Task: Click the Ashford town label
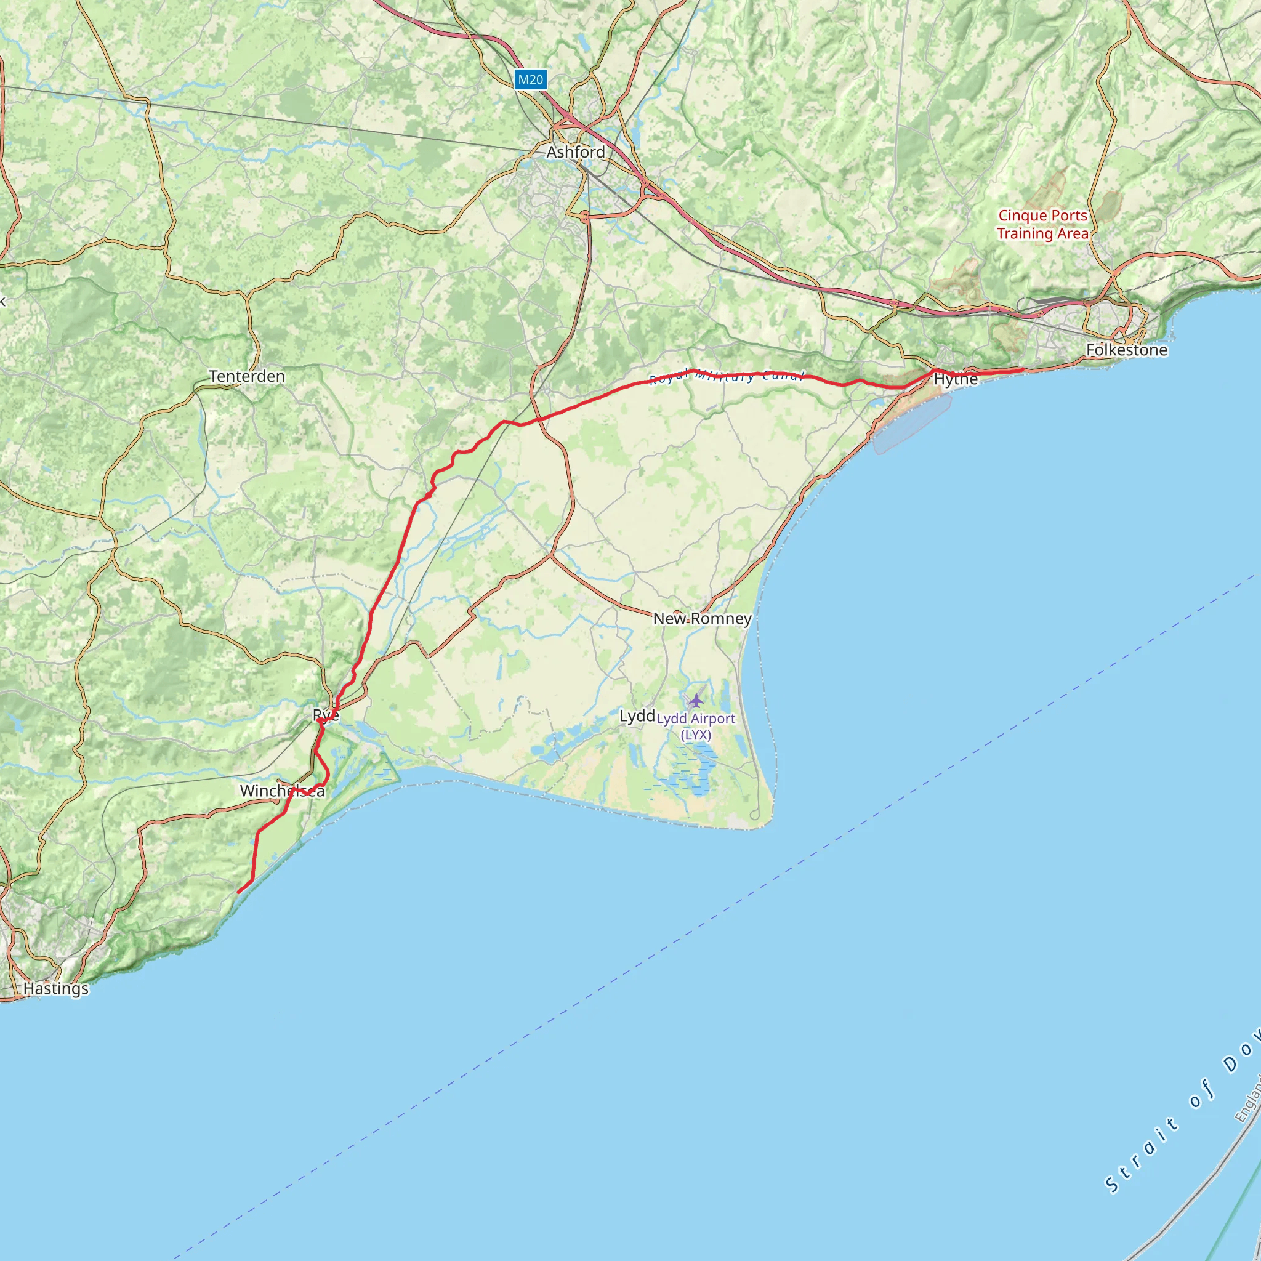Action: point(576,152)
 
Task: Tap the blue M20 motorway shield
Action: point(530,79)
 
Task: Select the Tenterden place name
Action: point(247,377)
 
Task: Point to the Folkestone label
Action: point(1127,350)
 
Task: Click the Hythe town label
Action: point(956,379)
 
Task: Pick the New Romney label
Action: point(703,619)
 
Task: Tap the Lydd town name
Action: point(637,716)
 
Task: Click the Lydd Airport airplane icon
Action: point(696,701)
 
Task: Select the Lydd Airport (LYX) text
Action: point(696,727)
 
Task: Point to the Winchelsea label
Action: point(282,791)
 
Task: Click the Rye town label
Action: point(326,715)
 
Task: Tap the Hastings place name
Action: point(56,989)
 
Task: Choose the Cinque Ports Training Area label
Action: point(1042,225)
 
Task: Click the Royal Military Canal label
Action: point(726,377)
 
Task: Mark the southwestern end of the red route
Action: point(238,892)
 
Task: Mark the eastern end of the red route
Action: point(1022,370)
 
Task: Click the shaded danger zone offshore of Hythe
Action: point(912,424)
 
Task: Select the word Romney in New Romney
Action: point(720,619)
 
